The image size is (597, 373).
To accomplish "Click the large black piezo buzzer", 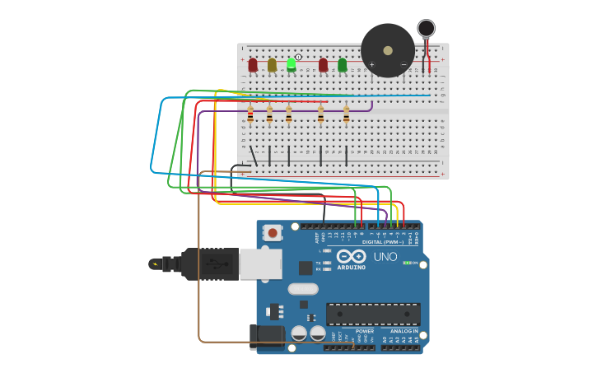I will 387,49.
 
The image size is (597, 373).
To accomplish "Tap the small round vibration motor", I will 426,29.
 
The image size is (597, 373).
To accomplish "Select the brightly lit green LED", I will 292,63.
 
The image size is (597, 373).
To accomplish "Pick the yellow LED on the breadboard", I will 272,64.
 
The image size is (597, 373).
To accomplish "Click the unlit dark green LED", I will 343,64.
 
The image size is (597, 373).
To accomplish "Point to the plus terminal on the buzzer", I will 371,64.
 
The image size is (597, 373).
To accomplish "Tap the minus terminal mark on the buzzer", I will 403,64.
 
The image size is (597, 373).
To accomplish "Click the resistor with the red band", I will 250,115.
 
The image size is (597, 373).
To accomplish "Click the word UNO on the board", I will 385,256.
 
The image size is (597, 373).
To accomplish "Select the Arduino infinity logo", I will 349,256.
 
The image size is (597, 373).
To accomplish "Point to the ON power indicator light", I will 406,263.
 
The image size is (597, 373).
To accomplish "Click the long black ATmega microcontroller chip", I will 373,314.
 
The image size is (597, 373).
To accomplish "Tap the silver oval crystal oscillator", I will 303,289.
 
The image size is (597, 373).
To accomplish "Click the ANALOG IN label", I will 399,331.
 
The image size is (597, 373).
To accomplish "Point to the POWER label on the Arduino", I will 365,331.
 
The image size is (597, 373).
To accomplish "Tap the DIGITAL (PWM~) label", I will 383,242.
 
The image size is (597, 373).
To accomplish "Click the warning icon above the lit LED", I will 298,56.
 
